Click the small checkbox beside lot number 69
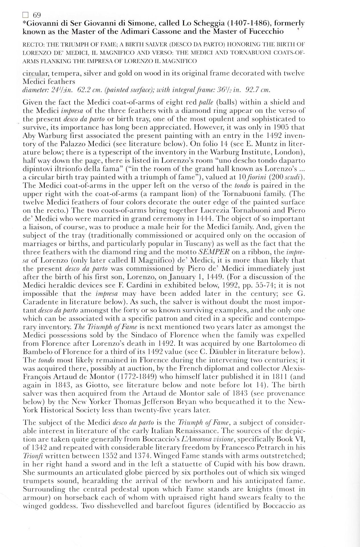coord(25,15)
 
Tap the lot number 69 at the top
coord(37,15)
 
